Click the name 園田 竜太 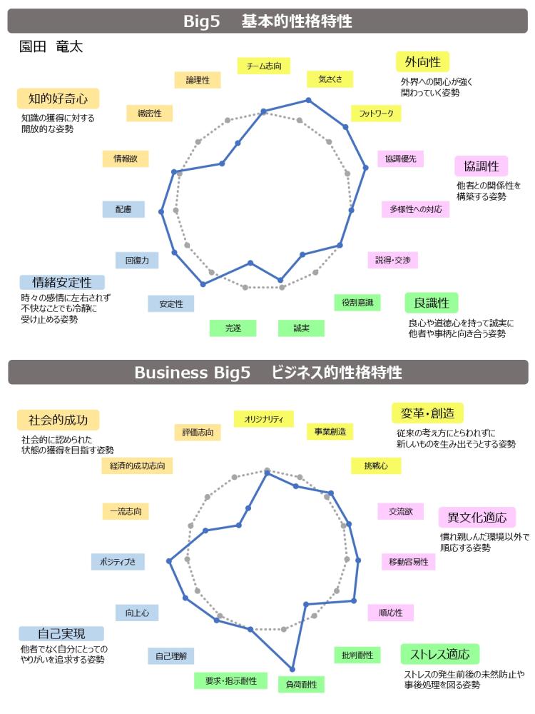point(51,46)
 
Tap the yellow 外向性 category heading point(422,62)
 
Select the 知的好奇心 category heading point(58,99)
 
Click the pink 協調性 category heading point(481,166)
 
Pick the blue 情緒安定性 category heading point(62,282)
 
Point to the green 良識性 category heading point(432,303)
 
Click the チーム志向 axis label point(264,66)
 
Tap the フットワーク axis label point(376,114)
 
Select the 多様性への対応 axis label point(416,209)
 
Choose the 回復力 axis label point(137,261)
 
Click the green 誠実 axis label point(301,328)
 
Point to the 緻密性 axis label point(150,114)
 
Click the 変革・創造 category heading point(427,413)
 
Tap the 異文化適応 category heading point(477,517)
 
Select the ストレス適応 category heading point(440,654)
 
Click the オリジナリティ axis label point(264,419)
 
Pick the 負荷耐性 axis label point(301,685)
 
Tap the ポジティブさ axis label point(118,562)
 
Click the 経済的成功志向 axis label point(138,466)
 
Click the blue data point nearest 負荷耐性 point(292,670)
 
